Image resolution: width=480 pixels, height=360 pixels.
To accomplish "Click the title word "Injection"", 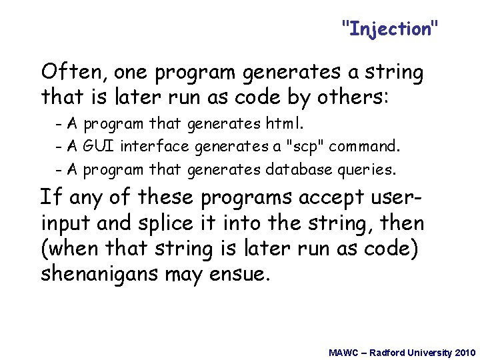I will pos(390,29).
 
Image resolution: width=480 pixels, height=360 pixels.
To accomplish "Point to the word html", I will pos(285,124).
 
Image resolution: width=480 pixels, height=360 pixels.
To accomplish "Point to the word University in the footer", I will pos(427,352).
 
